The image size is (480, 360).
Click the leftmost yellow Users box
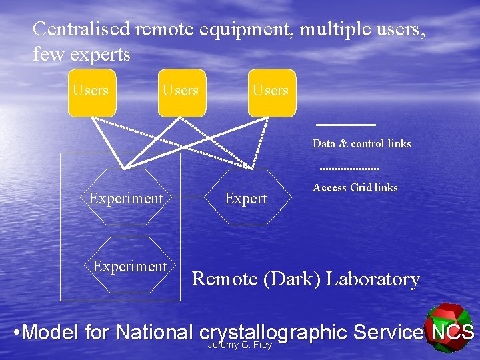point(91,93)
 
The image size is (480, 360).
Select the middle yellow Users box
point(181,93)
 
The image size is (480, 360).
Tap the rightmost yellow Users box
point(271,93)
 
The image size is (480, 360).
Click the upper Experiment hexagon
point(126,198)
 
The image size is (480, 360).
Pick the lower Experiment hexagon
point(130,267)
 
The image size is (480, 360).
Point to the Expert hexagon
point(246,198)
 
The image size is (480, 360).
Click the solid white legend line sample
point(345,125)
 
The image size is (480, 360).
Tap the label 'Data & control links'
point(361,143)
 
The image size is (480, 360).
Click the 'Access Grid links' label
point(355,188)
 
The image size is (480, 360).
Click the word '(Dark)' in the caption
point(290,279)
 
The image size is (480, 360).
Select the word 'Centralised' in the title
point(81,29)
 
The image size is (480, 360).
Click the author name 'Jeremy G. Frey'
point(240,345)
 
